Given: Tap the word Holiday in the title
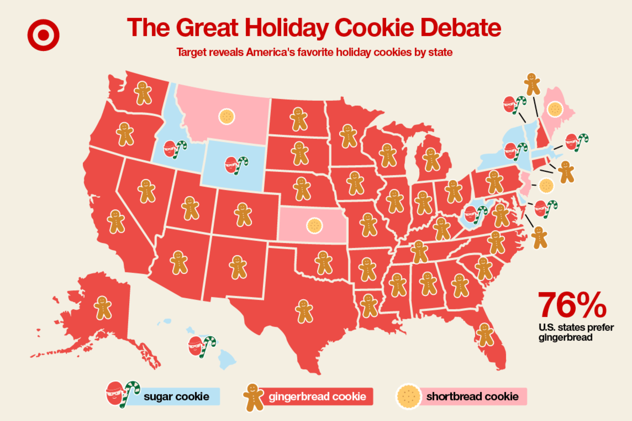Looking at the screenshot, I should coord(287,28).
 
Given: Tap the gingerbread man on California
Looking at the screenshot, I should coord(116,221).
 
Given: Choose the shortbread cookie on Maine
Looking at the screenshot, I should coord(555,109).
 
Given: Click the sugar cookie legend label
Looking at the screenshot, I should coord(176,397).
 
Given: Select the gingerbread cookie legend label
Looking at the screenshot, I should coord(317,397).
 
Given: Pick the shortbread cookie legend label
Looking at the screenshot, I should coord(472,397).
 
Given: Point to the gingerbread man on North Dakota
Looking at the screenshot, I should coord(299,119).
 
